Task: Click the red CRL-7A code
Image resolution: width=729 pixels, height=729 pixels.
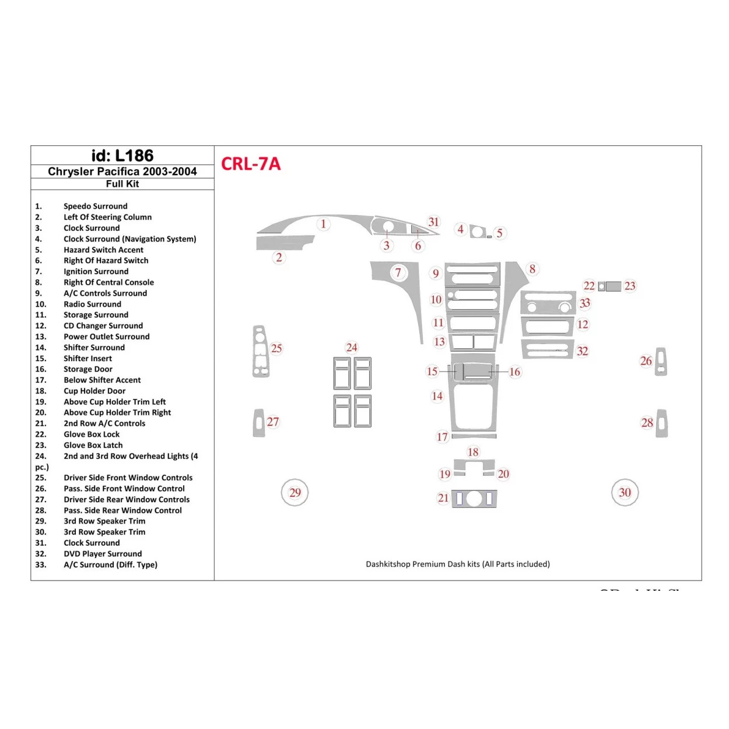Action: coord(251,164)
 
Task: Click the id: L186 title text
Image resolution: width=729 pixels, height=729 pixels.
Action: coord(122,156)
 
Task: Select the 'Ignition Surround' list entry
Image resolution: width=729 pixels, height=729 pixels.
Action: coord(96,271)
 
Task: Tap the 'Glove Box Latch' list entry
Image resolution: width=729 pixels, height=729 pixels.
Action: coord(93,445)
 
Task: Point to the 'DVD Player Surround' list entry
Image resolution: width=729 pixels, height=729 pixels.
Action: coord(103,553)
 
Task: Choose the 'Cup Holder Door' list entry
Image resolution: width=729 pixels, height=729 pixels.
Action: coord(94,391)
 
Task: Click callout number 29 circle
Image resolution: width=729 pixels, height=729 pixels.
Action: coord(295,493)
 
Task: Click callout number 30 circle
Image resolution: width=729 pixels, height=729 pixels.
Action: coord(625,493)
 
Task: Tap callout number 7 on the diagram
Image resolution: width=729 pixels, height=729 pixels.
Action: coord(398,272)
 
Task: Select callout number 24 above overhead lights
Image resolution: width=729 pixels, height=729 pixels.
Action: coord(352,348)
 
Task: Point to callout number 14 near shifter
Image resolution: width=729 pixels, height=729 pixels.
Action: coord(437,396)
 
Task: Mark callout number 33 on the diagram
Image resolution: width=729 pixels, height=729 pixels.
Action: coord(585,303)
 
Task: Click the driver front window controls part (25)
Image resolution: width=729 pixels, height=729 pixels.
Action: coord(260,352)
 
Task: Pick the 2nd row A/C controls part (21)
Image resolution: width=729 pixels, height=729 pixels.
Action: coord(474,499)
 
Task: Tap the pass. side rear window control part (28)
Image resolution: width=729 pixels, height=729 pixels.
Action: coord(661,423)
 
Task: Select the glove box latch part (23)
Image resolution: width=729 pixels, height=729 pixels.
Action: coord(613,286)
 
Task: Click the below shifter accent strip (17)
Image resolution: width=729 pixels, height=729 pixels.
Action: coord(474,436)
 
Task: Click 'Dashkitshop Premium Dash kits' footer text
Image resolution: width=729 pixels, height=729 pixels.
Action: coord(458,564)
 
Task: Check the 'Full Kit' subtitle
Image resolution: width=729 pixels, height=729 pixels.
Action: coord(122,184)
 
